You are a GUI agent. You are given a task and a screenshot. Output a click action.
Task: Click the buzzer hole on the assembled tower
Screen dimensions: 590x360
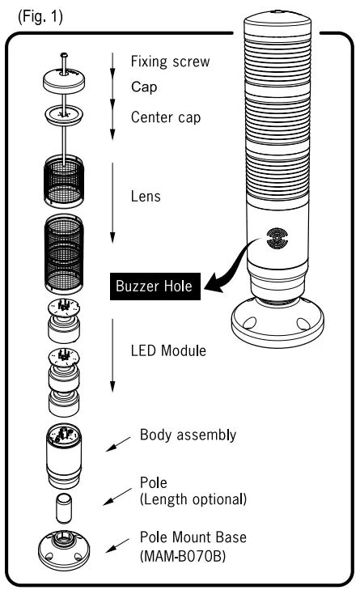tap(274, 242)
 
